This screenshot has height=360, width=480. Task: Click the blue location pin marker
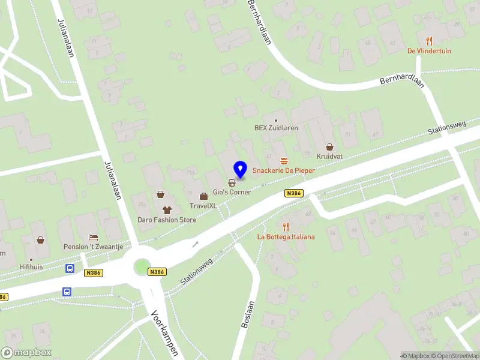(x=241, y=169)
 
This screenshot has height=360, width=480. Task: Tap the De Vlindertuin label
(x=429, y=51)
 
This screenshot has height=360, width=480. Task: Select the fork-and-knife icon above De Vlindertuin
(x=429, y=41)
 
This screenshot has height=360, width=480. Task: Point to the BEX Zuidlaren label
(x=276, y=128)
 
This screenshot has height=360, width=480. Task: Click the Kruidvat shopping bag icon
(x=329, y=146)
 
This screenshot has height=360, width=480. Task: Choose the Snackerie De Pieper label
(x=284, y=171)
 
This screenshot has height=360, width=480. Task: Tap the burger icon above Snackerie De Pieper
(x=284, y=161)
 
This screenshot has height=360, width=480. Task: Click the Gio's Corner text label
(x=232, y=192)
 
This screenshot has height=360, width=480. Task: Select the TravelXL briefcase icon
(x=203, y=196)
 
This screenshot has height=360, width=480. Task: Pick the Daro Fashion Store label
(x=167, y=220)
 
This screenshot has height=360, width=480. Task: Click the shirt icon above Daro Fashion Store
(x=167, y=210)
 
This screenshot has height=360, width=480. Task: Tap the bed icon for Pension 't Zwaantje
(x=93, y=237)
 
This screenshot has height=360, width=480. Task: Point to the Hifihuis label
(x=30, y=267)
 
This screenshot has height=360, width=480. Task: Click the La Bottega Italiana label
(x=286, y=237)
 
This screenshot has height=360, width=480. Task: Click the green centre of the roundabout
(x=142, y=266)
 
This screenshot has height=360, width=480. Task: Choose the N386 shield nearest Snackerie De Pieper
(x=293, y=193)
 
